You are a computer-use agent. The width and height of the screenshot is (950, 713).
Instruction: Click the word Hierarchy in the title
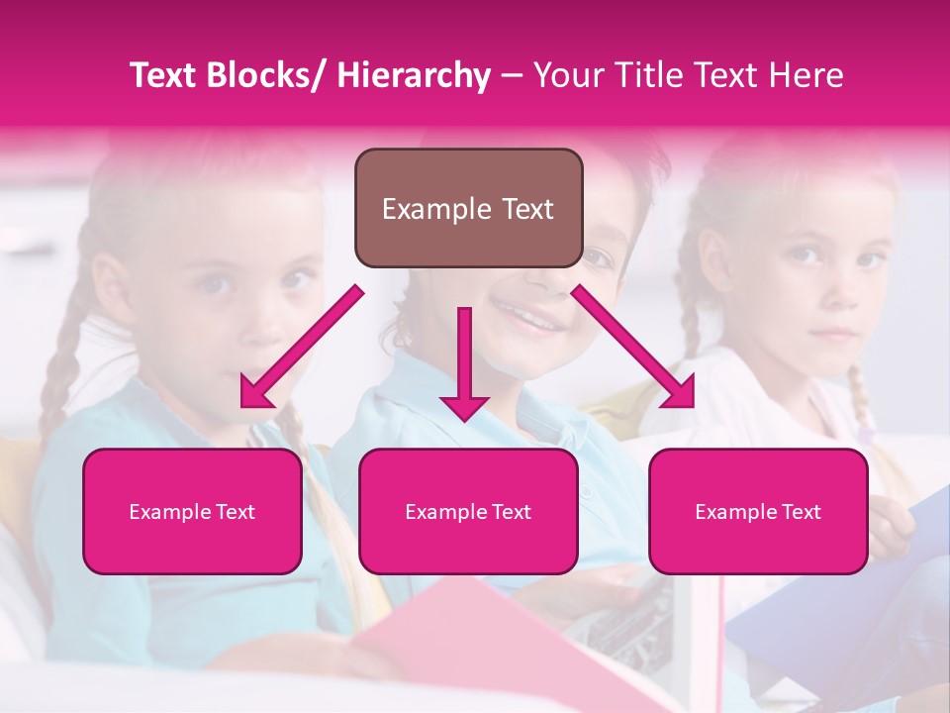(x=413, y=75)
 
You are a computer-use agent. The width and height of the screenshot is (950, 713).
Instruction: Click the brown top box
(x=468, y=208)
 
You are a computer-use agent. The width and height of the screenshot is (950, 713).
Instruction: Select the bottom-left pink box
(x=192, y=511)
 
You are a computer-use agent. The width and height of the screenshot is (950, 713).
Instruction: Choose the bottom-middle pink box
(x=468, y=511)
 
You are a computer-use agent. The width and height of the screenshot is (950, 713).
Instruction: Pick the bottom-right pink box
(x=758, y=511)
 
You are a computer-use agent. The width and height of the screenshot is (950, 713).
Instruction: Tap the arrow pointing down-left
(x=301, y=347)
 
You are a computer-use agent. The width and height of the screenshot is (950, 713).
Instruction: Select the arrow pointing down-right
(x=633, y=347)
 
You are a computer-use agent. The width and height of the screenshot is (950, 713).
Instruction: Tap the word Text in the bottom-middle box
(x=511, y=512)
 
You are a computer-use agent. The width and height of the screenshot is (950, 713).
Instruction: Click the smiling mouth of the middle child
(x=534, y=319)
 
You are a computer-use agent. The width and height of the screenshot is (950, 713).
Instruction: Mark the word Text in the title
(x=166, y=75)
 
